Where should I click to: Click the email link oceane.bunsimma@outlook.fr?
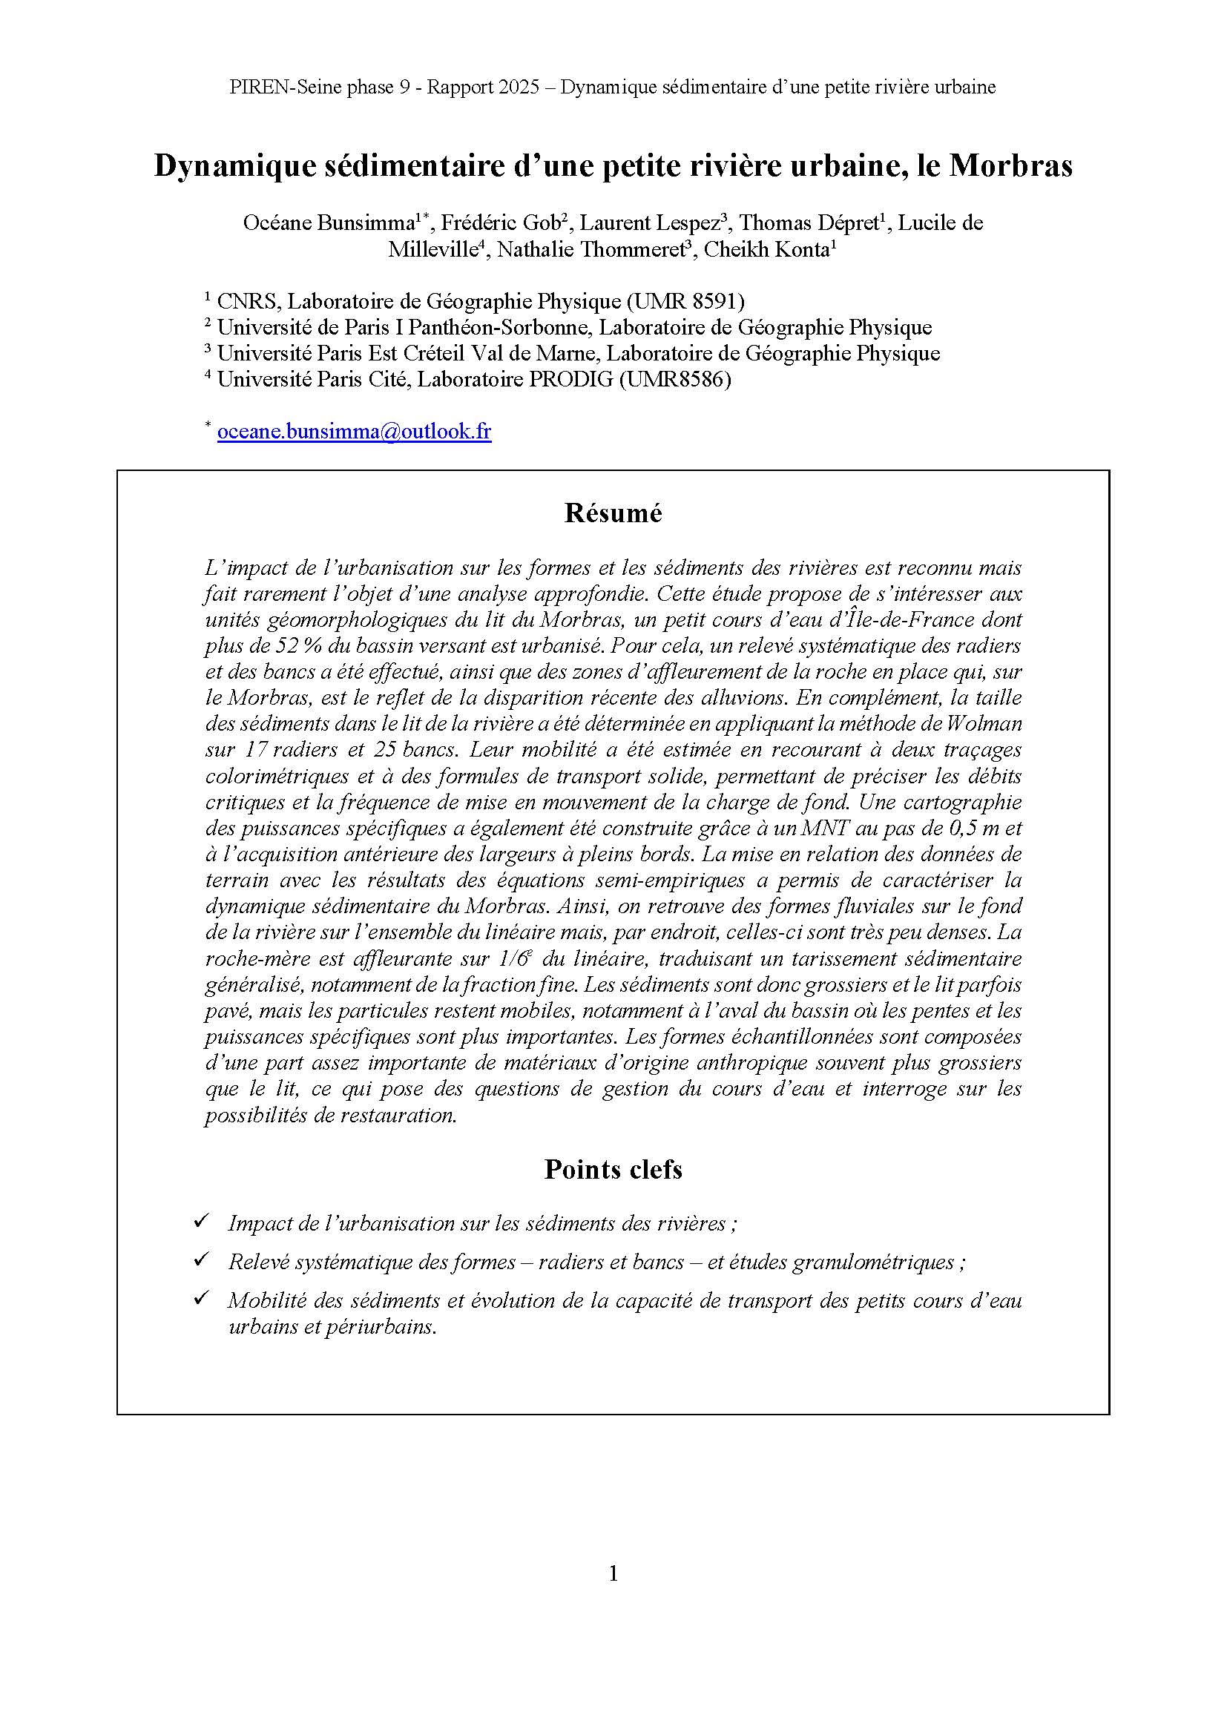coord(354,432)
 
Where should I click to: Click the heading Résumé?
coord(613,513)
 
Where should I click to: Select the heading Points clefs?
coord(613,1169)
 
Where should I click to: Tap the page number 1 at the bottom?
coord(613,1573)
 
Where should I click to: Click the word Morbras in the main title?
coord(1010,165)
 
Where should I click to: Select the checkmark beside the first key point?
coord(201,1221)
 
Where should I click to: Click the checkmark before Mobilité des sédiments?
coord(201,1298)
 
